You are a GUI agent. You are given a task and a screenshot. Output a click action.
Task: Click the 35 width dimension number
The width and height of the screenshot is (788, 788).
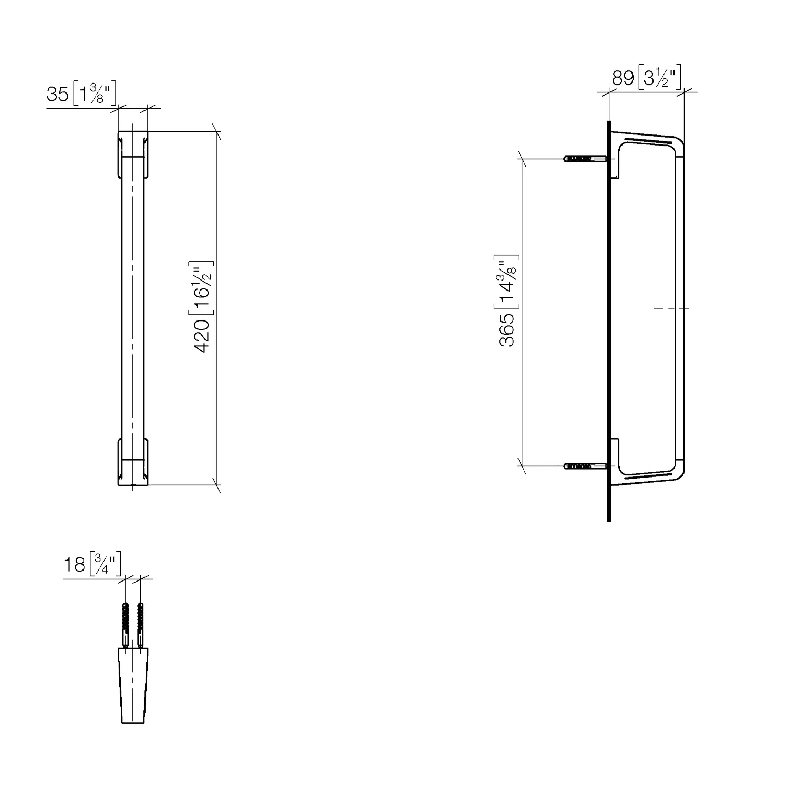[58, 95]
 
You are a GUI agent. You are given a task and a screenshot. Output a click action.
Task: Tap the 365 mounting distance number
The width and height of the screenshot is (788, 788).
[507, 330]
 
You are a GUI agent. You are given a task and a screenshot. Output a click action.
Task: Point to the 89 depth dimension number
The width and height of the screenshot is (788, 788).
[623, 78]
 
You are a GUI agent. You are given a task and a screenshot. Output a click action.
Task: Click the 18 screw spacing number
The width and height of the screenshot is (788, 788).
[74, 565]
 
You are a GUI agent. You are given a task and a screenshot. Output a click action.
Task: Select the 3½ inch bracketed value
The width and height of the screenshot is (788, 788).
[660, 78]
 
